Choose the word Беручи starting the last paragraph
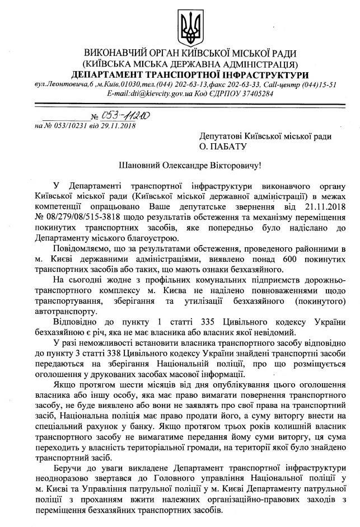[x=67, y=482]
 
